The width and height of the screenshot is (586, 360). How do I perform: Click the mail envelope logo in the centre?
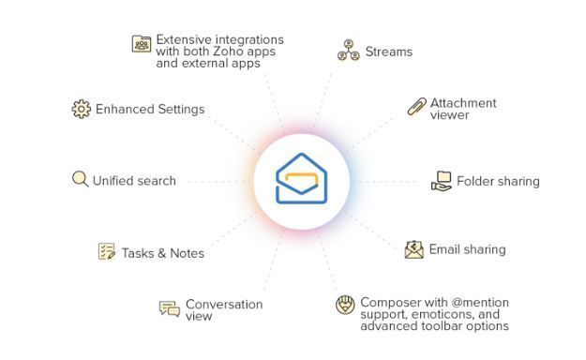[301, 179]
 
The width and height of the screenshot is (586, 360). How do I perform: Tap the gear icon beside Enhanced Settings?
[81, 109]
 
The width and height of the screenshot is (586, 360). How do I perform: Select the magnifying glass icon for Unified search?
[80, 178]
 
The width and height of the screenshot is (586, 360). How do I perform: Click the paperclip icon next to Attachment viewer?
[416, 107]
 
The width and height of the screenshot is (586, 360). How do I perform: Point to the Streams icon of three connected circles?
[349, 51]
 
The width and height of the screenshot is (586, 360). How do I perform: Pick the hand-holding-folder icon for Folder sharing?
[441, 181]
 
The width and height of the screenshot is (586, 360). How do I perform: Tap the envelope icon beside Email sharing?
[414, 249]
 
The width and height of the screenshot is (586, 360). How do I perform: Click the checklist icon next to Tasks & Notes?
[107, 251]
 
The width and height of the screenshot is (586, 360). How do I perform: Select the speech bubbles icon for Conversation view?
[170, 308]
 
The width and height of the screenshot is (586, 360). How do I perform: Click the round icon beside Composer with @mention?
[345, 305]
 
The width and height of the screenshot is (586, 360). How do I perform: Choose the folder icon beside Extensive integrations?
[142, 44]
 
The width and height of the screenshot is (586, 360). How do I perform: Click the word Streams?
[388, 52]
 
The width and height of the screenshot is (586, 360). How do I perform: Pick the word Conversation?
[224, 304]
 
